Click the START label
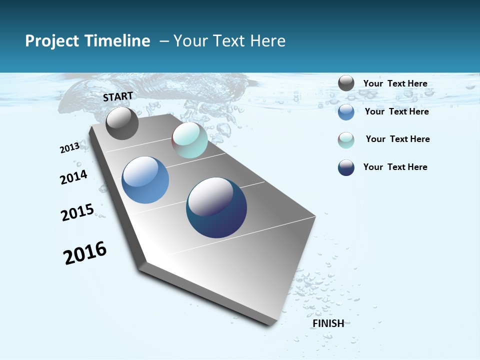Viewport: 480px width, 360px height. click(x=118, y=96)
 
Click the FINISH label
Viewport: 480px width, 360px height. click(x=328, y=323)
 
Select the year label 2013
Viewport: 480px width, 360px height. click(x=69, y=147)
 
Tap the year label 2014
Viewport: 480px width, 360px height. click(x=73, y=177)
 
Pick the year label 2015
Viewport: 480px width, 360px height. click(x=77, y=212)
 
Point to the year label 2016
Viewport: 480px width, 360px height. click(x=85, y=253)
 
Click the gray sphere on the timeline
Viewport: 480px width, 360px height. click(x=122, y=123)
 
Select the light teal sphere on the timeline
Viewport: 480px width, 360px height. click(x=189, y=140)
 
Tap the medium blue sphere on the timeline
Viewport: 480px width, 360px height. click(x=145, y=180)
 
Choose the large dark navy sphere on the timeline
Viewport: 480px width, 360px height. click(x=216, y=207)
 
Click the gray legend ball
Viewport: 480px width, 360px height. click(x=346, y=83)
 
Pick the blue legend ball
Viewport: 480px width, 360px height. click(x=346, y=112)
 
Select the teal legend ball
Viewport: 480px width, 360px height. click(x=346, y=140)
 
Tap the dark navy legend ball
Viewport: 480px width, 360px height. click(x=346, y=167)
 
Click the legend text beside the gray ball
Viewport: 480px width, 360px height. click(x=395, y=83)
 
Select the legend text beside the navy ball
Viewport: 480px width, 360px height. click(x=395, y=167)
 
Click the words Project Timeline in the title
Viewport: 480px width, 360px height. click(x=87, y=41)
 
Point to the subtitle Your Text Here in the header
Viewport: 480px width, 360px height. click(x=229, y=41)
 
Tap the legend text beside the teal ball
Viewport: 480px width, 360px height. click(x=397, y=139)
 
